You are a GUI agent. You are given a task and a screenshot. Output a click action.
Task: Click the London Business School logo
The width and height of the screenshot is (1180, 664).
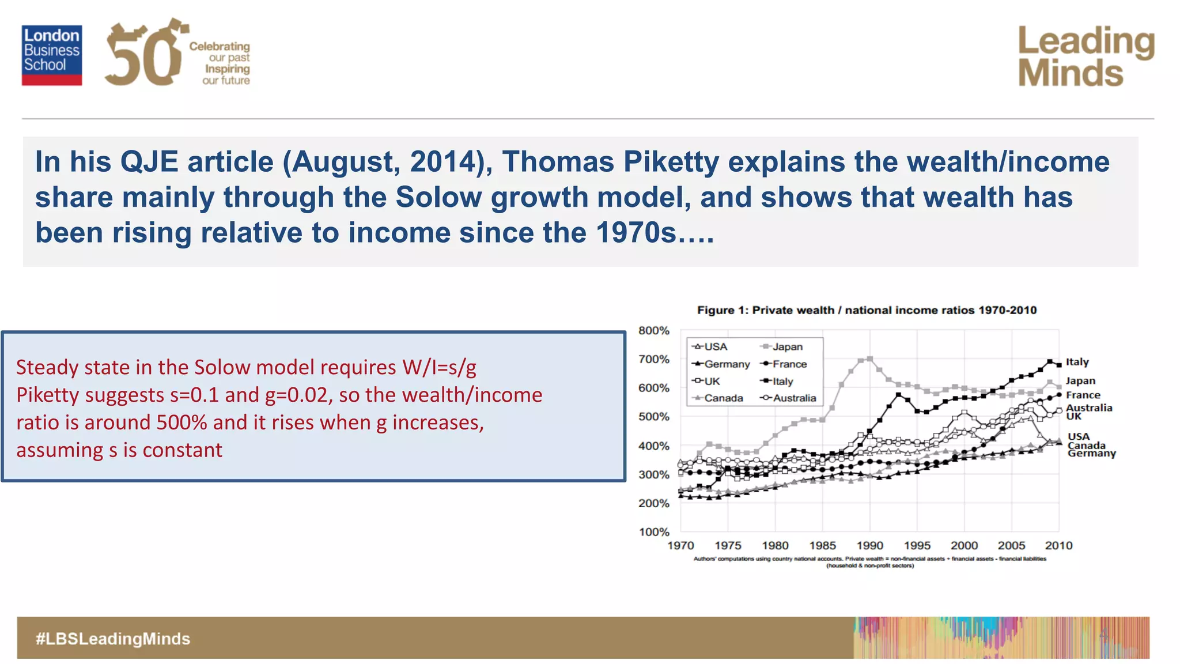point(52,55)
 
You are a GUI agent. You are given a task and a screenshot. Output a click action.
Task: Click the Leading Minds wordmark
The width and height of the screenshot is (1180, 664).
point(1086,56)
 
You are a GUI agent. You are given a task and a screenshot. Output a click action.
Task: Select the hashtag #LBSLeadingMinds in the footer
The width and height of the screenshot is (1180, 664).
point(113,639)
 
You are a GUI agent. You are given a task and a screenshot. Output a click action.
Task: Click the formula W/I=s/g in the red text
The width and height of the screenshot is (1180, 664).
point(440,367)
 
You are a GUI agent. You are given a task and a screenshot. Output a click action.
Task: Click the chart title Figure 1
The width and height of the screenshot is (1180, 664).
point(867,310)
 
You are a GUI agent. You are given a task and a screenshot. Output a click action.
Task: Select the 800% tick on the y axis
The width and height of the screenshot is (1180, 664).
point(654,331)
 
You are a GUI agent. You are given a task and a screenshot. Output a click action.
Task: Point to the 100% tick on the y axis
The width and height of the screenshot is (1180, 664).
point(654,532)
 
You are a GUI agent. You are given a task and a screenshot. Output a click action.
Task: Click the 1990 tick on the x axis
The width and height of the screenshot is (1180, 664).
point(869,546)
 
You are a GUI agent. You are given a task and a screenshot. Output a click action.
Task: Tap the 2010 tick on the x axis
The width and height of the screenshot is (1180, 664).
point(1058,546)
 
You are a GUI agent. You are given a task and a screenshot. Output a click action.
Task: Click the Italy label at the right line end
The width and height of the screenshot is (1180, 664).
point(1077,362)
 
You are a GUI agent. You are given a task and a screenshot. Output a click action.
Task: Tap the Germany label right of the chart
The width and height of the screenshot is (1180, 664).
point(1091,454)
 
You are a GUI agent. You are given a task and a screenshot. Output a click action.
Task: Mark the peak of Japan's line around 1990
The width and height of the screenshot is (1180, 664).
point(869,359)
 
